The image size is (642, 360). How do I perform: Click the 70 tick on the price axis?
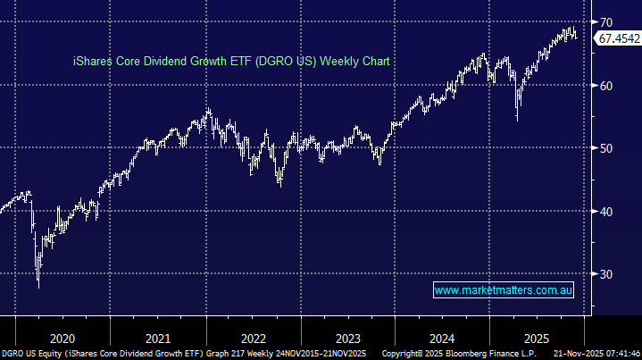click(x=605, y=21)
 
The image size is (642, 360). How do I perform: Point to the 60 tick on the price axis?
click(x=605, y=86)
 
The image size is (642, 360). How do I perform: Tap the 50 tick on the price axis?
click(x=605, y=148)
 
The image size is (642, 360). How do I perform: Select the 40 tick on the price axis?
click(x=605, y=212)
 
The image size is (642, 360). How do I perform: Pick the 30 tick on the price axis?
click(x=605, y=274)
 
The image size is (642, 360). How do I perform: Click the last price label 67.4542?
click(x=618, y=38)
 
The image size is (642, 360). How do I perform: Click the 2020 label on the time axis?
click(x=63, y=339)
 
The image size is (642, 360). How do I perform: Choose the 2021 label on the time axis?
click(x=158, y=339)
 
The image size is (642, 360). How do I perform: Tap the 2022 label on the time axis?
click(x=253, y=339)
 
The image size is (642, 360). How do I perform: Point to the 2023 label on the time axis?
click(x=347, y=339)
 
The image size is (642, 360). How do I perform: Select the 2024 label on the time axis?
click(x=443, y=339)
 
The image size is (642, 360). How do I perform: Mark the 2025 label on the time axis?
click(x=538, y=339)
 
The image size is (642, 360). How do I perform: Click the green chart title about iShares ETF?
click(x=232, y=61)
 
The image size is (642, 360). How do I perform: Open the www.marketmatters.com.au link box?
click(x=504, y=290)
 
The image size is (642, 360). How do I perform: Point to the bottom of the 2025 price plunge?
click(x=516, y=120)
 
